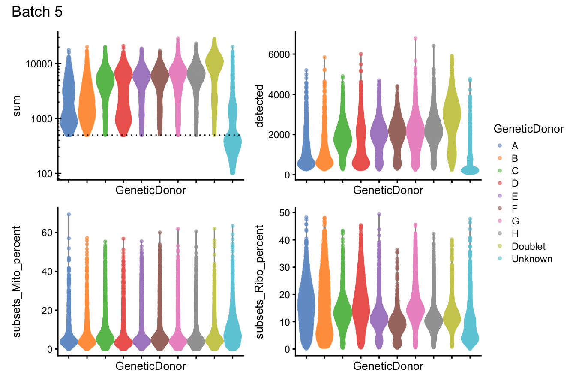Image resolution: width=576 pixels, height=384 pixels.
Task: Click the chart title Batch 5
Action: (x=37, y=12)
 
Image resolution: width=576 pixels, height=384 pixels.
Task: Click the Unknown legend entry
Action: (x=531, y=259)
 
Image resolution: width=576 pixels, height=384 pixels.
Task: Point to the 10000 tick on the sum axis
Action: (x=36, y=63)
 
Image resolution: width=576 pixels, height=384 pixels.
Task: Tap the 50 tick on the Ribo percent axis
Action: (x=284, y=213)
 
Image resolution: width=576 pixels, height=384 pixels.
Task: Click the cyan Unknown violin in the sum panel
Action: (x=232, y=150)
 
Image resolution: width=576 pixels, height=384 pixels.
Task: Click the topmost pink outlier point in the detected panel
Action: (x=415, y=39)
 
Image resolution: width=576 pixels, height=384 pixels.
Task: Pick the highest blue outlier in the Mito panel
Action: (x=69, y=214)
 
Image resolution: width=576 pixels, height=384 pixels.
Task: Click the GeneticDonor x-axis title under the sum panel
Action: (x=151, y=190)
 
